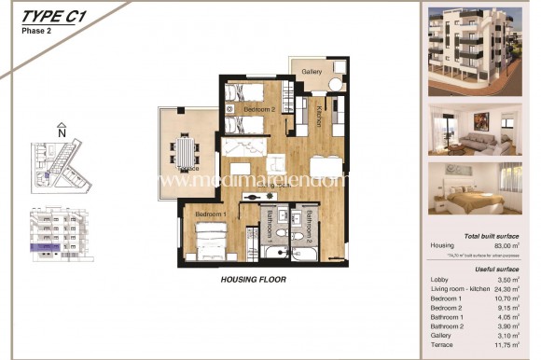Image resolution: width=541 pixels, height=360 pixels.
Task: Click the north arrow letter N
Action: click(62, 132)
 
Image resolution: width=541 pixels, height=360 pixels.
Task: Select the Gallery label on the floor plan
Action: click(312, 71)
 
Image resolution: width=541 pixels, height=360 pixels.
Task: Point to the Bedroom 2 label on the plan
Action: click(259, 109)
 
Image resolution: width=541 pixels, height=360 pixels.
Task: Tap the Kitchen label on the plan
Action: click(318, 117)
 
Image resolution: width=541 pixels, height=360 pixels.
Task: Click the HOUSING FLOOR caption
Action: click(253, 279)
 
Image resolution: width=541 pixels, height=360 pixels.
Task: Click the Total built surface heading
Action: click(498, 236)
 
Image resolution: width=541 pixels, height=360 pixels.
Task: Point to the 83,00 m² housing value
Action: click(509, 245)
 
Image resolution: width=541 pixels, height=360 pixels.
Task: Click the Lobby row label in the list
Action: click(439, 280)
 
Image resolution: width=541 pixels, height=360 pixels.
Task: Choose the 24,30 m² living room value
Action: click(508, 289)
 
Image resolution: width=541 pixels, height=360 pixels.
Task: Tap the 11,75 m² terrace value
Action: click(508, 346)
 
